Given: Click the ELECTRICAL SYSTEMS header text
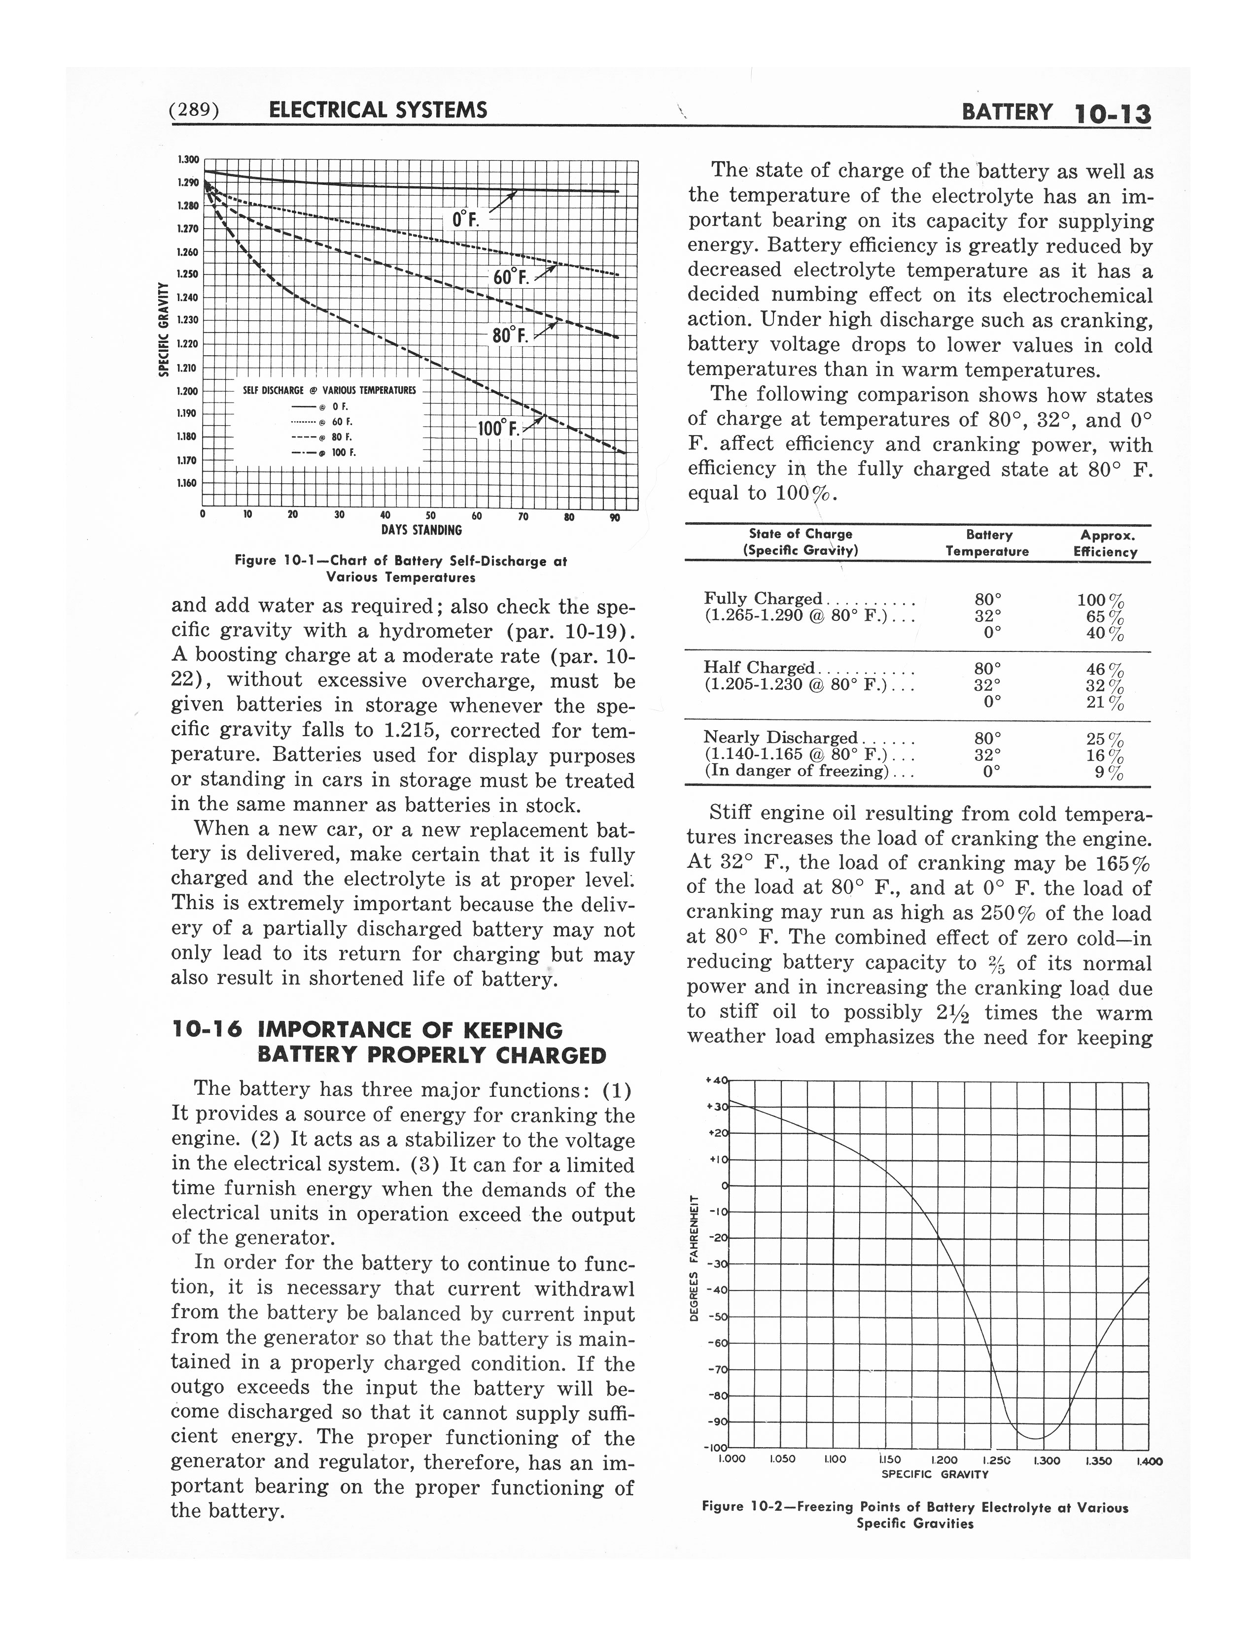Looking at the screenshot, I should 378,111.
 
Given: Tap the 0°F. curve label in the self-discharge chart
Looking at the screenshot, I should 466,220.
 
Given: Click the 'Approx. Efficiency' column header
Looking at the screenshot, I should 1105,543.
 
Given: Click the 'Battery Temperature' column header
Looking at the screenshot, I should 987,543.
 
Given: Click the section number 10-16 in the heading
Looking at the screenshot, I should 206,1030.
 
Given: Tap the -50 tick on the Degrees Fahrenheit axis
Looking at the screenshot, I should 719,1317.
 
